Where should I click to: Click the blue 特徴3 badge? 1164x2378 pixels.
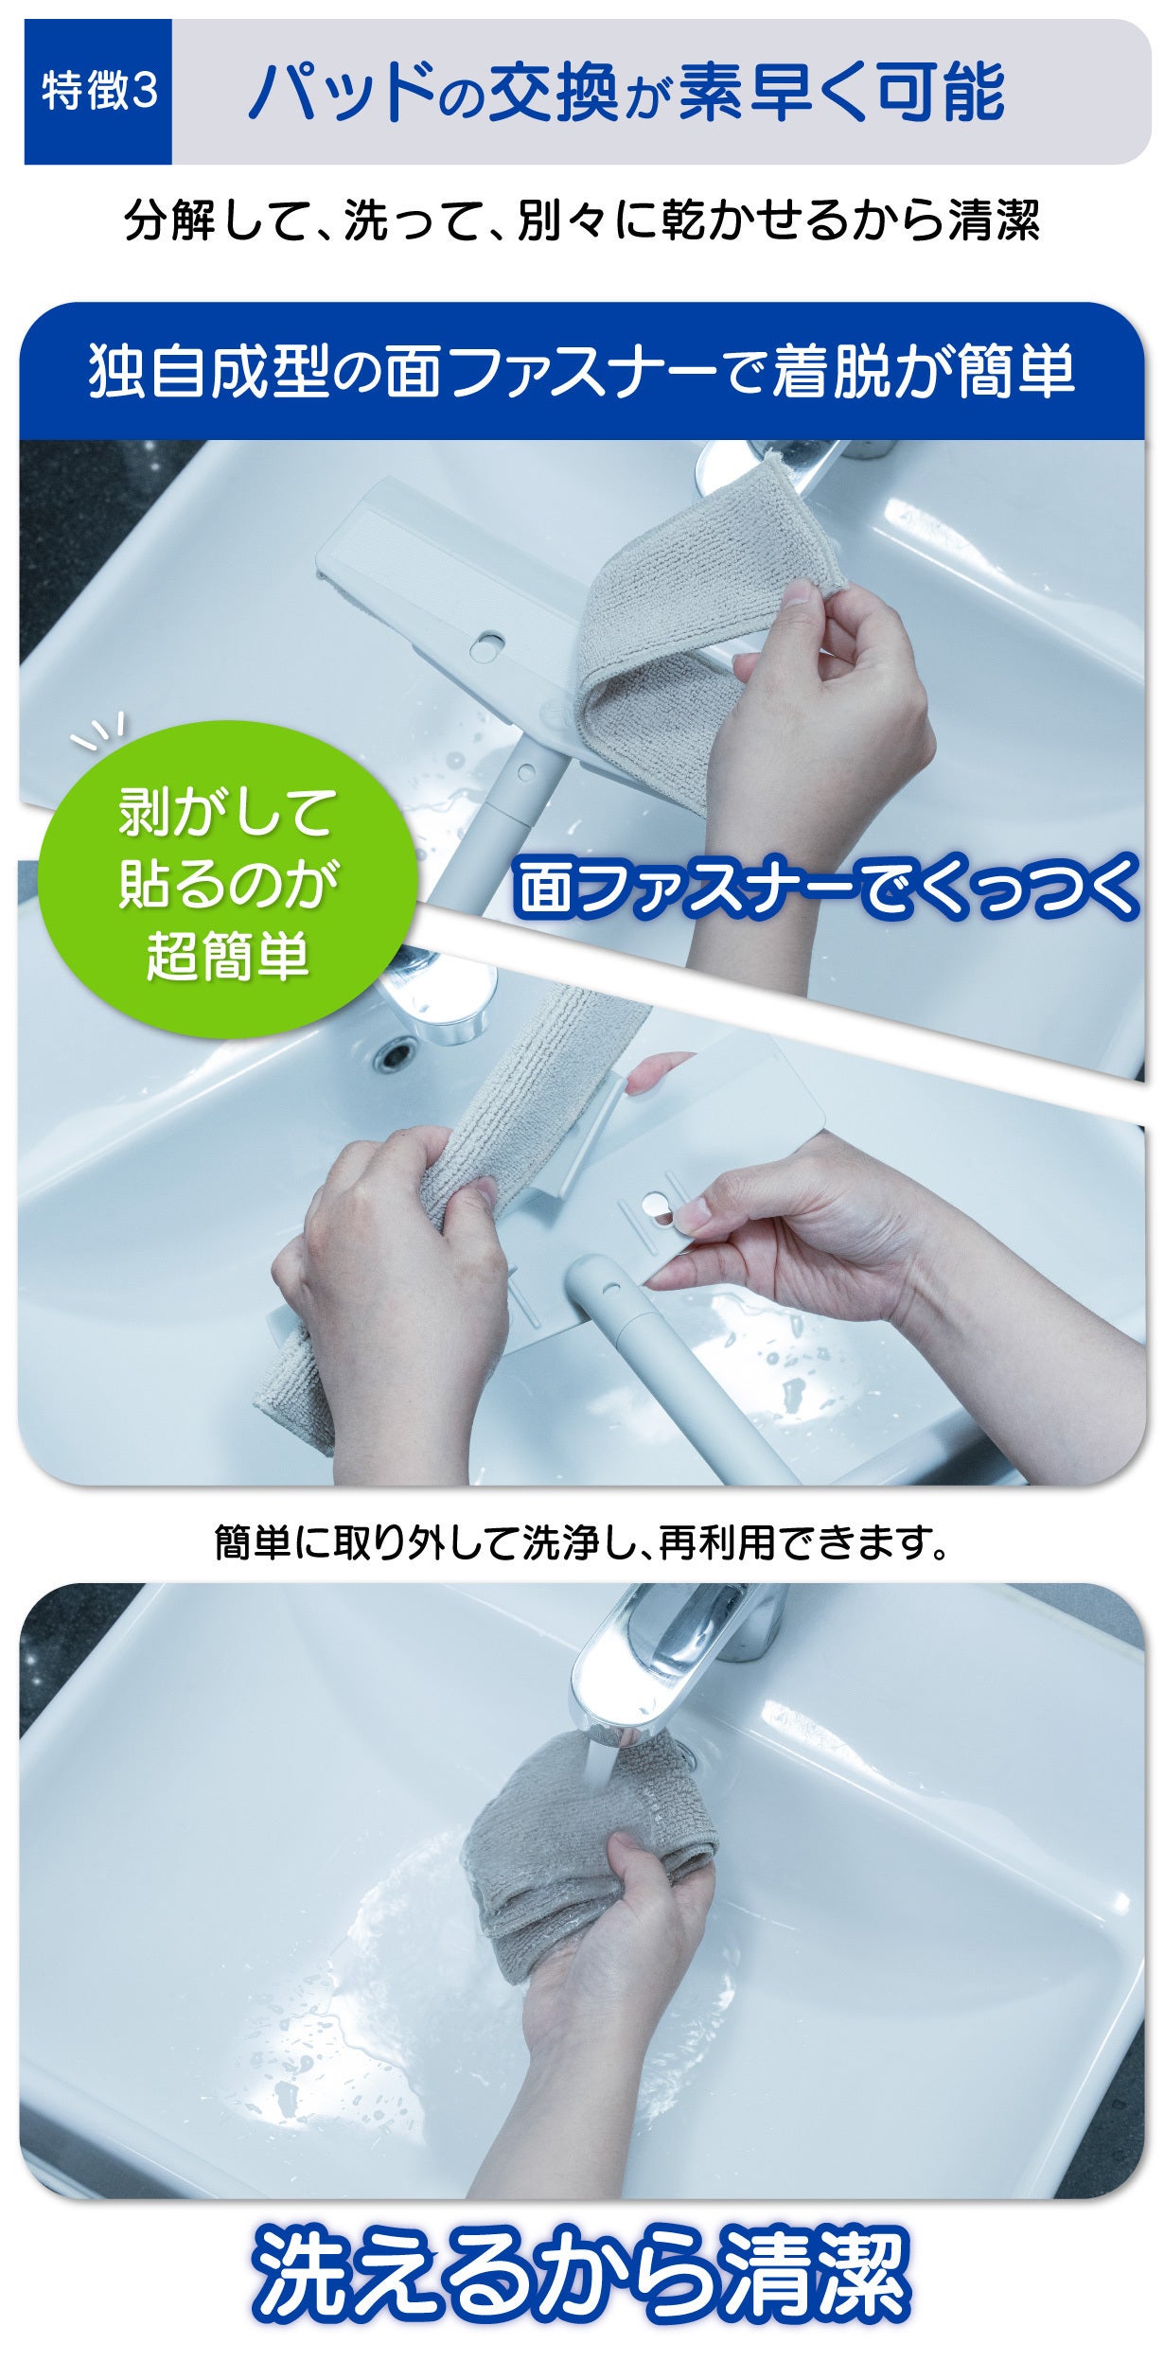click(x=98, y=92)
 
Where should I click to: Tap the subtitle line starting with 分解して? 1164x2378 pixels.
click(x=582, y=220)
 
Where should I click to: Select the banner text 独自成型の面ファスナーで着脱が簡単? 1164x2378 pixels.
click(x=582, y=372)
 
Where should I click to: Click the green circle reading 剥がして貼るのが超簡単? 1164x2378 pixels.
click(x=227, y=879)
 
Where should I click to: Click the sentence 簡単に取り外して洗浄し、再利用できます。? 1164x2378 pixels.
click(x=582, y=1543)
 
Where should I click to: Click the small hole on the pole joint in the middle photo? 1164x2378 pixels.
click(x=606, y=1287)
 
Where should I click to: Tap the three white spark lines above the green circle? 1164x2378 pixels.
click(x=98, y=732)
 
